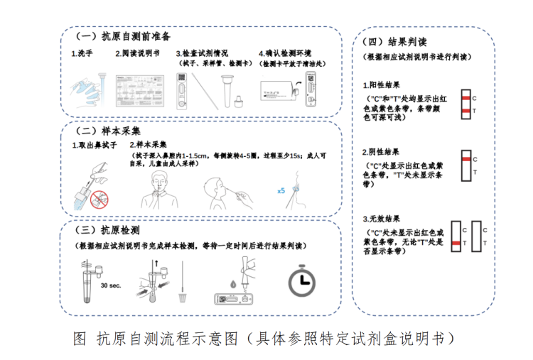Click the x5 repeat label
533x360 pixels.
281,190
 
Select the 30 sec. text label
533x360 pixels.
112,286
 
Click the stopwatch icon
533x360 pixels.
304,281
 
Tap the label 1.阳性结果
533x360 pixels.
381,84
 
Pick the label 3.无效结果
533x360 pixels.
381,218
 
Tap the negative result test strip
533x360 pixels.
465,165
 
